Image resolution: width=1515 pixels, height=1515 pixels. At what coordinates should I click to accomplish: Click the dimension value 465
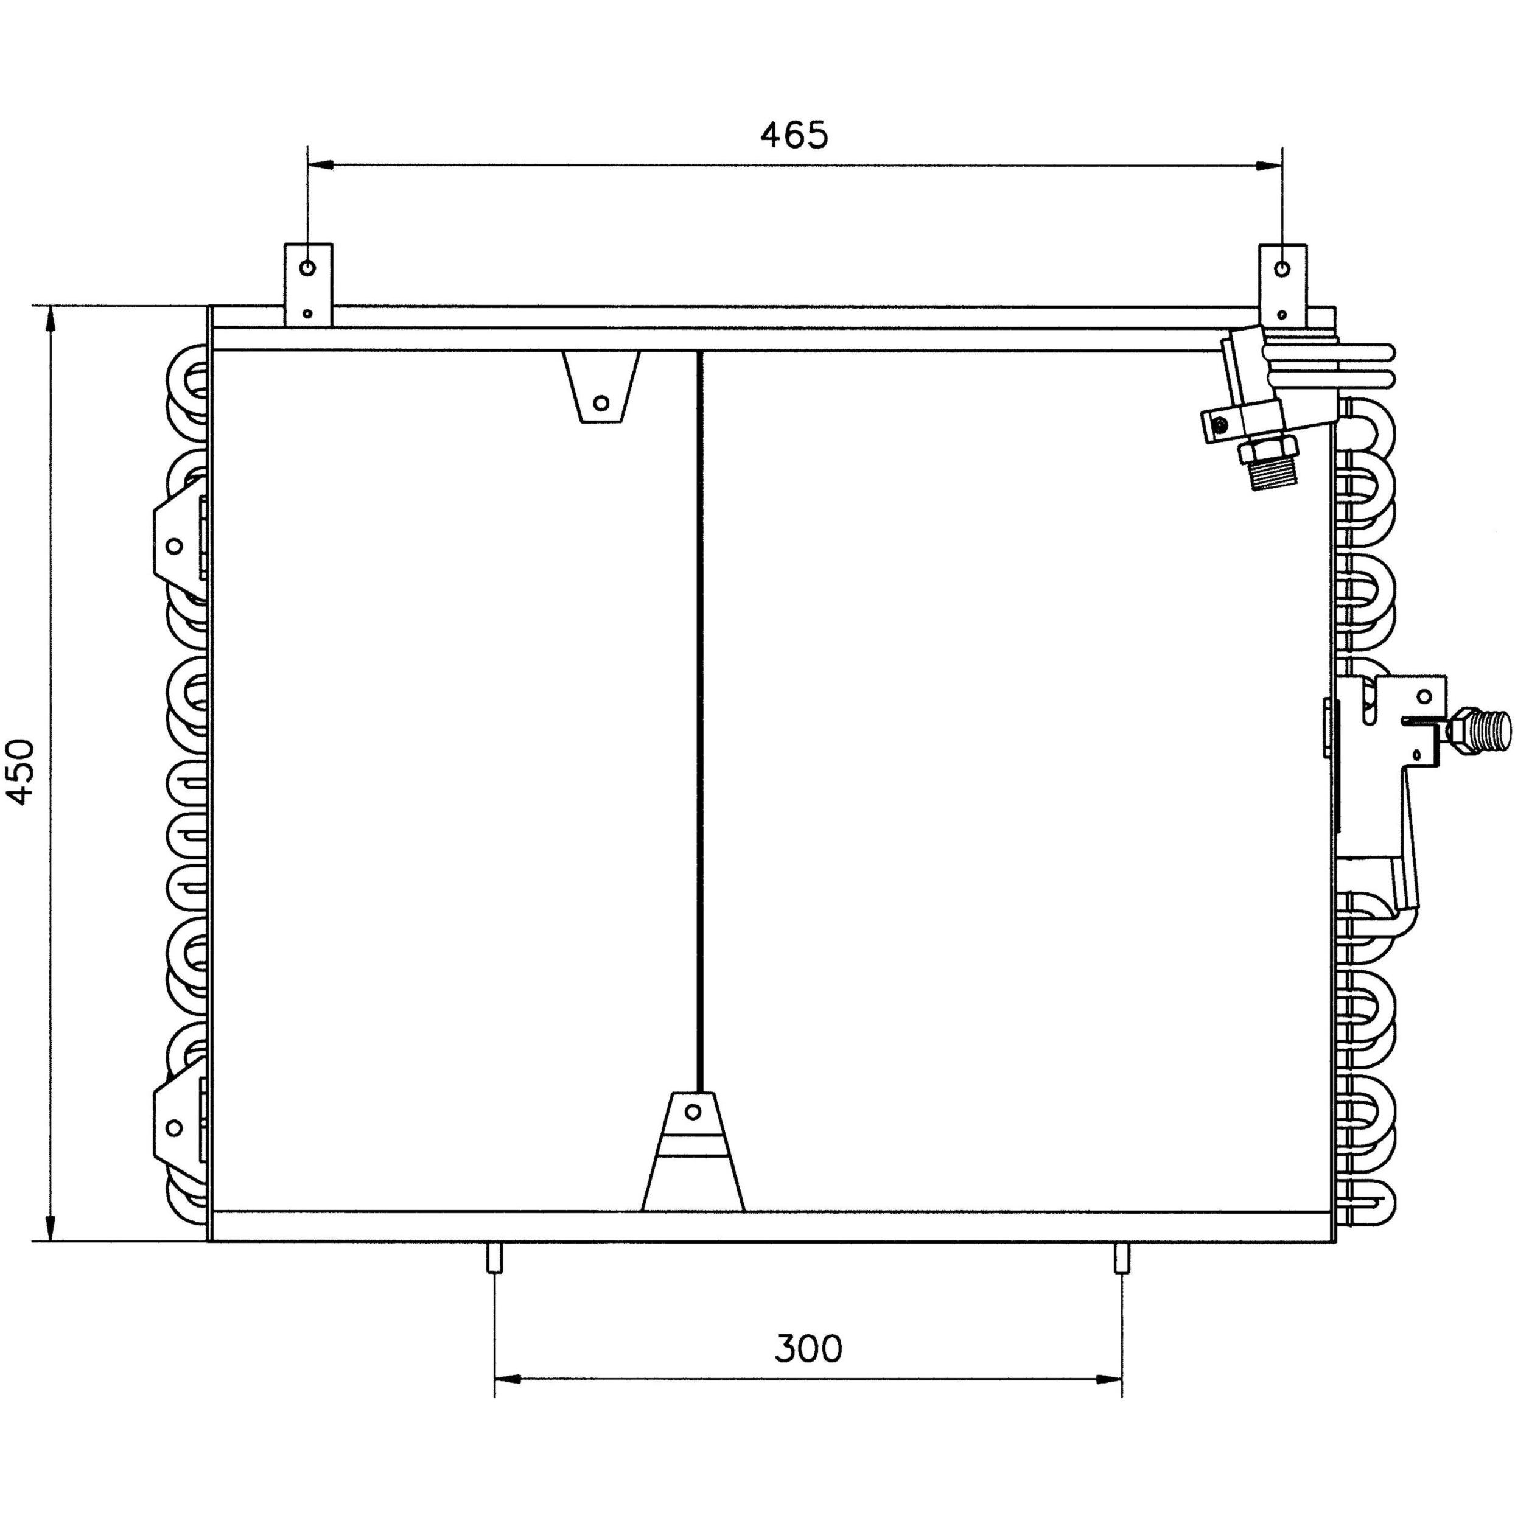tap(794, 135)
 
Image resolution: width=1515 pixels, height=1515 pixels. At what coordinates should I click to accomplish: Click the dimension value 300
tap(808, 1348)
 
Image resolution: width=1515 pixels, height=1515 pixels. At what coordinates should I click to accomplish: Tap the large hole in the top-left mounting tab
tap(308, 268)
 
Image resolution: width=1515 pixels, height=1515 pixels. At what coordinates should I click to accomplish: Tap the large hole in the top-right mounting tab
tap(1281, 269)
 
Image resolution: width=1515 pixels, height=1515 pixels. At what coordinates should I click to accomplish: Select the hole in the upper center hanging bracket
tap(601, 403)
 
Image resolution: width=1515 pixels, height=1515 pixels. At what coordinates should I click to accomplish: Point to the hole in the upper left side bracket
tap(175, 545)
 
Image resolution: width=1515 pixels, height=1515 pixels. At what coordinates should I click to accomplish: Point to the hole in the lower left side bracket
tap(175, 1128)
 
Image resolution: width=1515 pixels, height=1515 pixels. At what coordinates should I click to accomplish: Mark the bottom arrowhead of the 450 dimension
tap(51, 1227)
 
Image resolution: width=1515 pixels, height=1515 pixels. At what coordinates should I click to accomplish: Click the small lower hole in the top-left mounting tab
tap(308, 313)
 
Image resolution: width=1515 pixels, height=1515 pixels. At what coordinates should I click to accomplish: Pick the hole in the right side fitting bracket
tap(1425, 696)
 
